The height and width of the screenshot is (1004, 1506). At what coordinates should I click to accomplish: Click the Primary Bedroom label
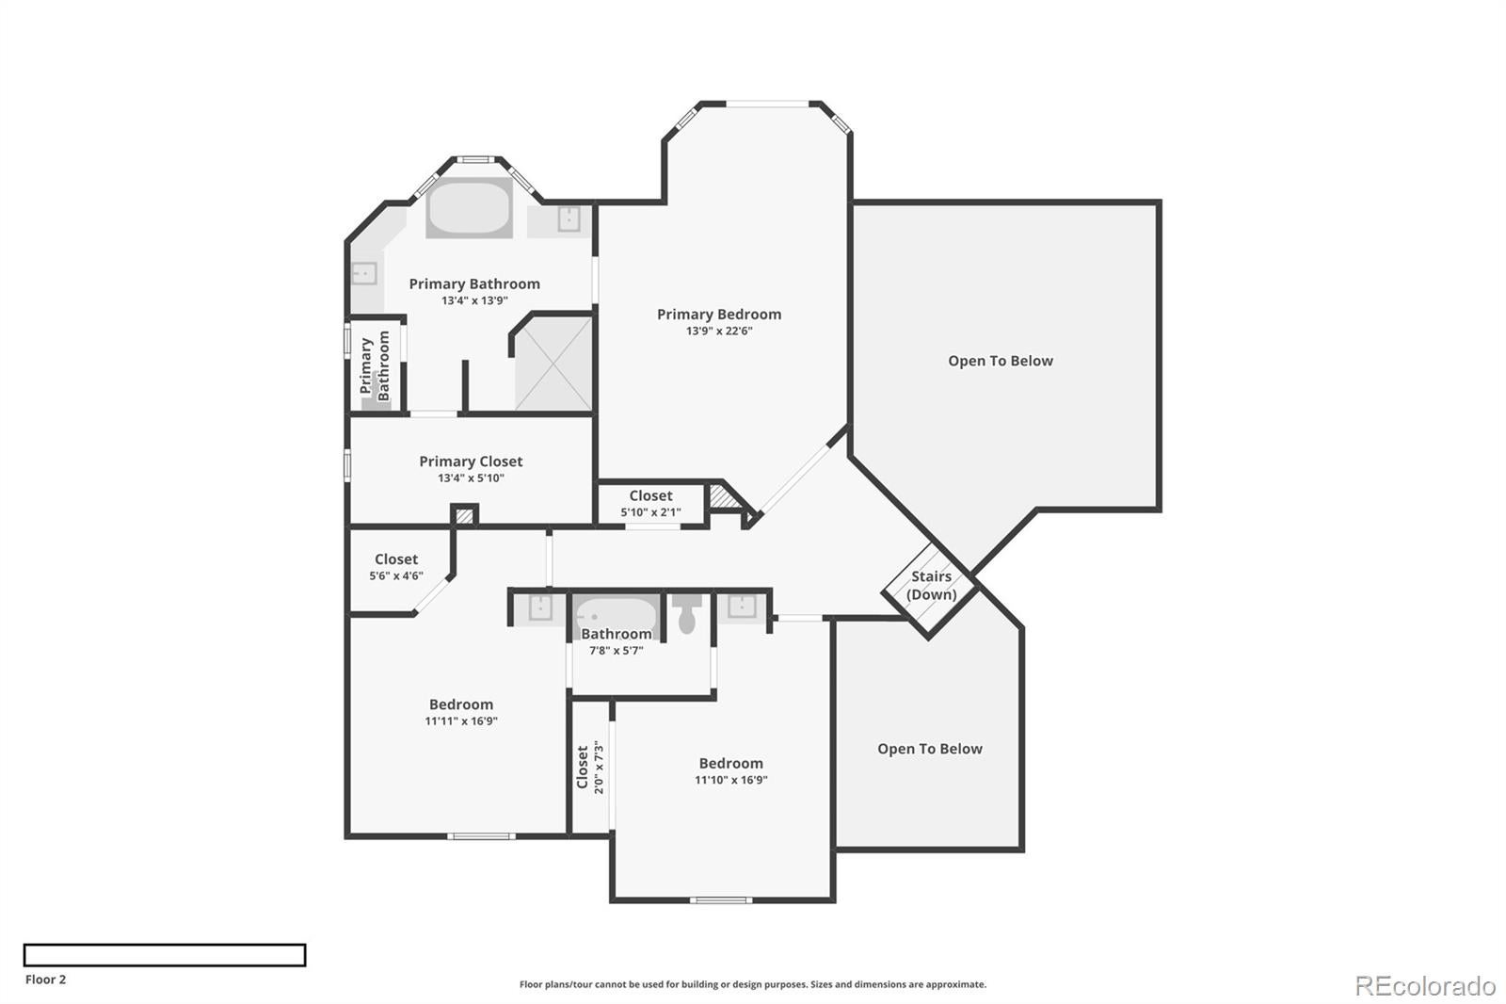tap(719, 315)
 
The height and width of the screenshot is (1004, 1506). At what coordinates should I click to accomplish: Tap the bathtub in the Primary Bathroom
tap(470, 208)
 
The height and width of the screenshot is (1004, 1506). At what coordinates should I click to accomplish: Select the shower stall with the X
tap(554, 364)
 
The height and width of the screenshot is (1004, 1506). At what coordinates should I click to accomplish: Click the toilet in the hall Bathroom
tap(687, 615)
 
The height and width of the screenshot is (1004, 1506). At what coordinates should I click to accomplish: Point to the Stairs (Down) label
tap(931, 585)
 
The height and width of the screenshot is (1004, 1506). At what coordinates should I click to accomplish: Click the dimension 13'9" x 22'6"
tap(719, 332)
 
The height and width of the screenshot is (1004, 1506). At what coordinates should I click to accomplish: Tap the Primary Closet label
tap(471, 462)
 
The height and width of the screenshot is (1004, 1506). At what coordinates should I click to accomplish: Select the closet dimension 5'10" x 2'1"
tap(650, 512)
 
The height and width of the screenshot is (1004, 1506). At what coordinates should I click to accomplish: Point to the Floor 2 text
tap(45, 980)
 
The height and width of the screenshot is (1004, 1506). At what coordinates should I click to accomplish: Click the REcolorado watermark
tap(1424, 986)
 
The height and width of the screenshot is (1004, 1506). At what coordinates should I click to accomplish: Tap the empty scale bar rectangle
tap(165, 955)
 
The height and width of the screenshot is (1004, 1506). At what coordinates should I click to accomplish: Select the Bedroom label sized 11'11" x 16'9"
tap(461, 704)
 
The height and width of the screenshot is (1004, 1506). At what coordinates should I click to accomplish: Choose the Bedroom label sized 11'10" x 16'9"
tap(730, 764)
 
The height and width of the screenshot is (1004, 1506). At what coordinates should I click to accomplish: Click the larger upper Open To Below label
tap(1001, 361)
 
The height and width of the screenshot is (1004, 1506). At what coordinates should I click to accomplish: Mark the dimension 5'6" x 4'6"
tap(396, 575)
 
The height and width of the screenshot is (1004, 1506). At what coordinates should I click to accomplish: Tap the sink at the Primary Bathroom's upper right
tap(569, 219)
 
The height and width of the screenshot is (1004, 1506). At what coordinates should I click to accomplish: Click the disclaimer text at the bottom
tap(753, 984)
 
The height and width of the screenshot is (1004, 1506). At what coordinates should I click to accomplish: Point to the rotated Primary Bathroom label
tap(375, 365)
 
